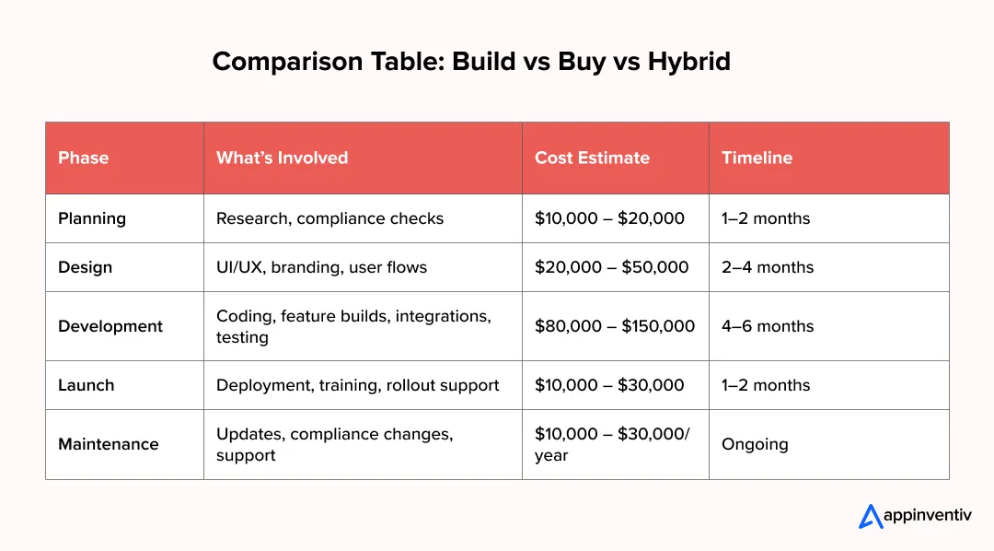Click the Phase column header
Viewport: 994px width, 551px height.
[x=83, y=158]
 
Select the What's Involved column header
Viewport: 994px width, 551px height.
[x=283, y=158]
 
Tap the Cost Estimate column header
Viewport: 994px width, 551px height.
[x=592, y=158]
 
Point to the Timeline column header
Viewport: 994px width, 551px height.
[x=757, y=158]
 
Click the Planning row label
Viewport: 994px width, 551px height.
[x=92, y=218]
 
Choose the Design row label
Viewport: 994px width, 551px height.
[x=85, y=267]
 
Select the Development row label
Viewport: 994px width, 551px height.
[x=110, y=326]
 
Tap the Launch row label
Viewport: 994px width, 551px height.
[x=87, y=385]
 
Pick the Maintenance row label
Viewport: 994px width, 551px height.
[x=109, y=444]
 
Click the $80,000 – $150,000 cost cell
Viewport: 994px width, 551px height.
[x=615, y=326]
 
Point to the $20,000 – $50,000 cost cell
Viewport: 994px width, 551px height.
[x=612, y=267]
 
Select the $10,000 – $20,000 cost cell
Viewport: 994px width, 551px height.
[x=610, y=218]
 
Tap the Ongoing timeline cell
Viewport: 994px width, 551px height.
[x=755, y=444]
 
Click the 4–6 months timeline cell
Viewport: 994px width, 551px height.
[x=768, y=326]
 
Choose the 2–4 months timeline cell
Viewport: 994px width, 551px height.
[x=768, y=267]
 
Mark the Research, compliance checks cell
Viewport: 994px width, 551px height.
[x=329, y=218]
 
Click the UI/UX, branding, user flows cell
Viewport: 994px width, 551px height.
[x=321, y=267]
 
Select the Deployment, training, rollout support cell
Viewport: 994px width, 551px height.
[x=357, y=385]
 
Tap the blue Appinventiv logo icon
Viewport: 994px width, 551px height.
[x=871, y=516]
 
